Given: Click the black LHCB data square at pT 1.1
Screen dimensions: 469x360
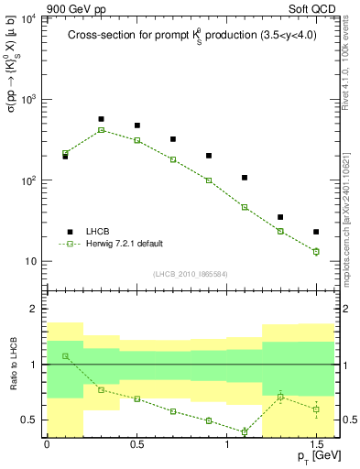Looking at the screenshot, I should (245, 178).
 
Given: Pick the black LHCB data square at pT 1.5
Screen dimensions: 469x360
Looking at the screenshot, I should (316, 232).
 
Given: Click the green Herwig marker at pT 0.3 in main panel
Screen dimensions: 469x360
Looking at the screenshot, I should (101, 130).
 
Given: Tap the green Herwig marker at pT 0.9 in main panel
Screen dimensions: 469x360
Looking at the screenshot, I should (209, 180).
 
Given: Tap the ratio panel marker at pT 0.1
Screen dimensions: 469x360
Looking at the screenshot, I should (65, 356).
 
